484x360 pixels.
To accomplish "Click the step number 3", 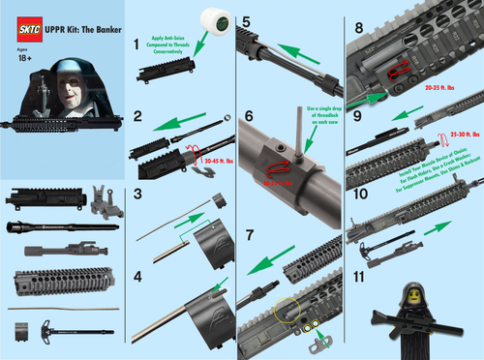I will (138, 195).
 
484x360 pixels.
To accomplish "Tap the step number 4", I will (138, 278).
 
